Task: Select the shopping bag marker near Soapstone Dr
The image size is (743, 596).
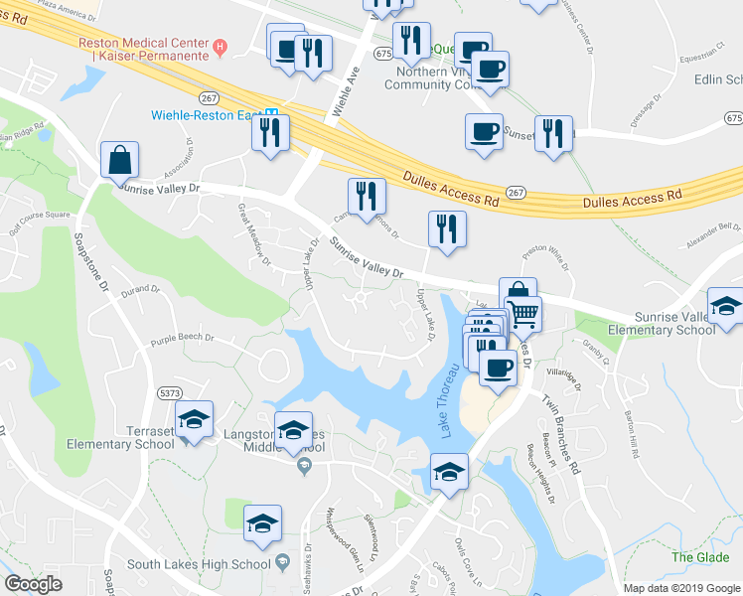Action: click(119, 160)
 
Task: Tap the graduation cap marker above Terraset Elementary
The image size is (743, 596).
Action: click(195, 421)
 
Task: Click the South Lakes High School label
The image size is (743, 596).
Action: click(200, 564)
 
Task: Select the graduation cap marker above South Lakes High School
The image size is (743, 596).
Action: click(262, 523)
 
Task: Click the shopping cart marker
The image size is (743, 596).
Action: click(523, 315)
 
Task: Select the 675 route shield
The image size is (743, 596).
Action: click(384, 53)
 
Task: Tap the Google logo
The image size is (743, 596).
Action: click(33, 583)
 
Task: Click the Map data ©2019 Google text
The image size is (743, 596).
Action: click(680, 587)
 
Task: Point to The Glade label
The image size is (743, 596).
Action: click(699, 557)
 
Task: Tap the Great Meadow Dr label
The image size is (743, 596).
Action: click(253, 234)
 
